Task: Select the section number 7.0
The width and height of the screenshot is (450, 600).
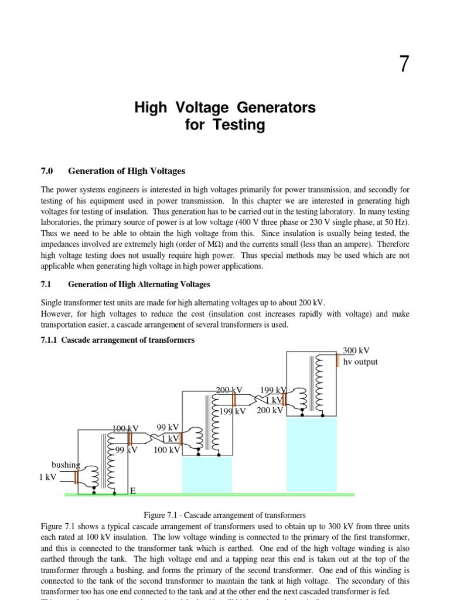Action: coord(47,171)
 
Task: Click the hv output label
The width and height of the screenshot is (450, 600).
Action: coord(360,362)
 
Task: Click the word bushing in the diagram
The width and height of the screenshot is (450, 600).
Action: coord(65,465)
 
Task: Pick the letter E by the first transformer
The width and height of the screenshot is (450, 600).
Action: coord(132,490)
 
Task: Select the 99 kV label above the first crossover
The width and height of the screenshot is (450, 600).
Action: coord(168,428)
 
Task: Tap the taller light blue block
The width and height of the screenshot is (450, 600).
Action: coord(311,455)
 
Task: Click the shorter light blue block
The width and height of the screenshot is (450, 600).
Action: coord(207,475)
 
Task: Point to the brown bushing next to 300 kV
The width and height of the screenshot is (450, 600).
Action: coord(337,359)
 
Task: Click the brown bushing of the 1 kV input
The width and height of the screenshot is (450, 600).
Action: coord(76,477)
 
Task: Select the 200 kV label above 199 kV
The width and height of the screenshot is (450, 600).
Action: coord(229,390)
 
